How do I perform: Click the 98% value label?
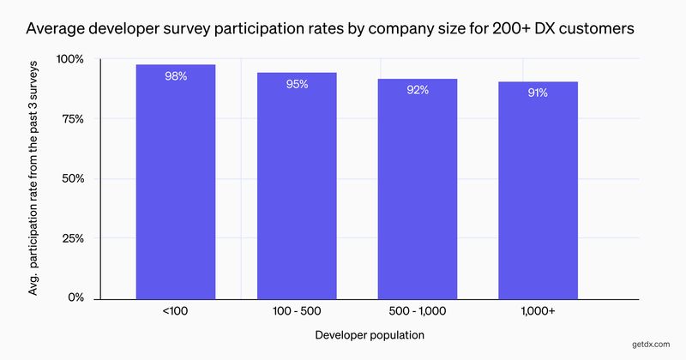(x=176, y=76)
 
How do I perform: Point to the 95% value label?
(x=298, y=84)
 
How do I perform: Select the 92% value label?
(x=418, y=90)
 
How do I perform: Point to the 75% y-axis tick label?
(x=71, y=119)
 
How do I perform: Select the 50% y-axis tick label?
(x=71, y=179)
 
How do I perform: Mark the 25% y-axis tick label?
(x=71, y=238)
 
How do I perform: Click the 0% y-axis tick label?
(x=75, y=298)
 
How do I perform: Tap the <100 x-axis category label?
(x=176, y=313)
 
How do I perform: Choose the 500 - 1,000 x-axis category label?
(x=418, y=313)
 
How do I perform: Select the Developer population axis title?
(x=369, y=334)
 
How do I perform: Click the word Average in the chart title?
(x=57, y=29)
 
